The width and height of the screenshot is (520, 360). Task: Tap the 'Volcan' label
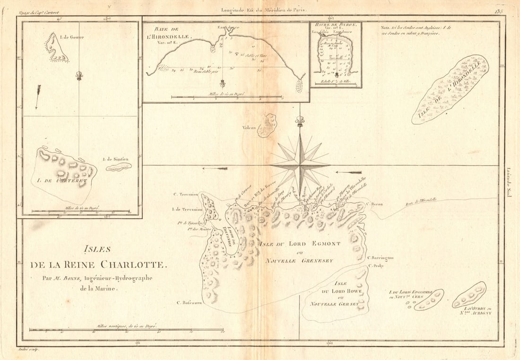(x=249, y=127)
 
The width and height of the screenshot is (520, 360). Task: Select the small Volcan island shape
(x=268, y=126)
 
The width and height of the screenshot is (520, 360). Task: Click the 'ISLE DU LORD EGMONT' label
(x=299, y=244)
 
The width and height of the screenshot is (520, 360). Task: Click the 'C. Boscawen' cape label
(x=187, y=303)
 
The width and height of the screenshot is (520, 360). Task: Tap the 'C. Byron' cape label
(x=374, y=204)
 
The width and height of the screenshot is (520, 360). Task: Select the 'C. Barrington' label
(x=380, y=257)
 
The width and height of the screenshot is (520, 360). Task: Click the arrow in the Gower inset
(x=37, y=96)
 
